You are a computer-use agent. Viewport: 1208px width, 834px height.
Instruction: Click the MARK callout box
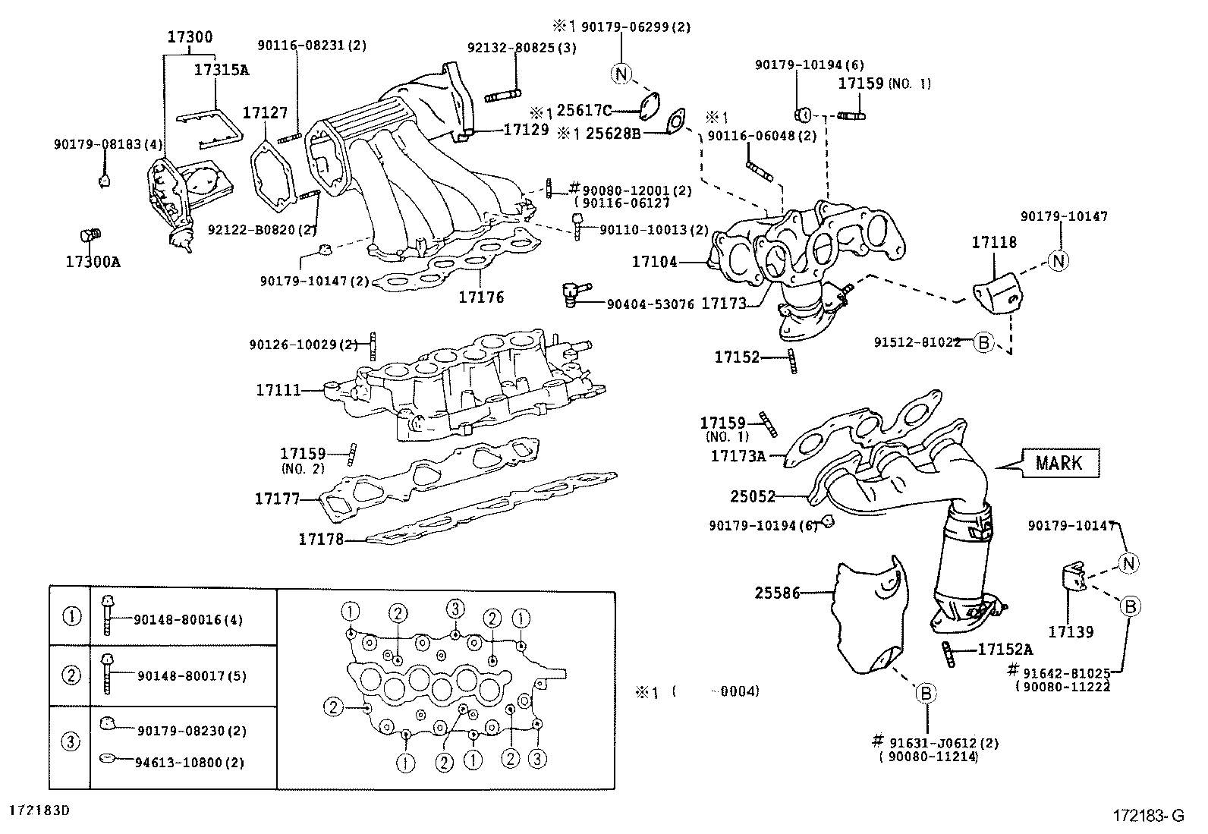click(x=1060, y=463)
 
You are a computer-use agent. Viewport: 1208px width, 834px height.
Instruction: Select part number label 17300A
click(x=93, y=263)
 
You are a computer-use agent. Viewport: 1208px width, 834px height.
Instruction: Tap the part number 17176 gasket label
click(x=481, y=297)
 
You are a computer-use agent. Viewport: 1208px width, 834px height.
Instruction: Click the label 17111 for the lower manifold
click(x=278, y=390)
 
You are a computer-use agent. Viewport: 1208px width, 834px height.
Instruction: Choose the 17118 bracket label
click(x=994, y=243)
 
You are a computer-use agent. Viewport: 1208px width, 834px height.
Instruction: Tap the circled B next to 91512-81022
click(x=983, y=343)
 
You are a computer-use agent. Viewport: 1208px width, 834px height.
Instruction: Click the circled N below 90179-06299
click(x=621, y=74)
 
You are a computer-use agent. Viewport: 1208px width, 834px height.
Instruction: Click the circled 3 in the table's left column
click(x=70, y=741)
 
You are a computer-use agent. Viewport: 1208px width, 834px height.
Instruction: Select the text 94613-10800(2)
click(x=190, y=763)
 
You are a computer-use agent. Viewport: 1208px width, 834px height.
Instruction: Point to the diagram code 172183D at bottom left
click(x=39, y=810)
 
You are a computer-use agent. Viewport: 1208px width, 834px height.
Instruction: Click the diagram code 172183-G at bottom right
click(x=1148, y=817)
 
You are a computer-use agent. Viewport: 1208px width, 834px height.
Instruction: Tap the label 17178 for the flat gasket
click(x=320, y=540)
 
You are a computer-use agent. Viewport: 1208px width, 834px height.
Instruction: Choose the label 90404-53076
click(x=650, y=304)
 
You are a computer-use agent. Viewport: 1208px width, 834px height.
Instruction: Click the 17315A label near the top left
click(x=222, y=70)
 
